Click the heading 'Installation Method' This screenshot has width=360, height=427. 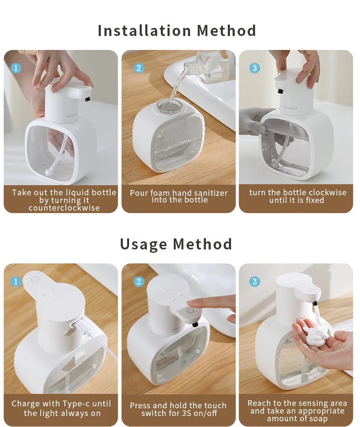click(x=177, y=31)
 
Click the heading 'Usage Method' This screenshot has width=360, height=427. click(x=176, y=244)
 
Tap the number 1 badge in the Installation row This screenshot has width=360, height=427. click(x=16, y=68)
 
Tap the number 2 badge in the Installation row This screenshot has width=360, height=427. click(x=139, y=68)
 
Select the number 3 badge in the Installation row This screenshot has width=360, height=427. click(x=254, y=68)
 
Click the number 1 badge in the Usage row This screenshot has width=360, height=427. click(x=16, y=281)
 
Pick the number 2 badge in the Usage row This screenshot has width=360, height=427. click(x=139, y=281)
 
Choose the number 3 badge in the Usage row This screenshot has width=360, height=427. click(x=254, y=281)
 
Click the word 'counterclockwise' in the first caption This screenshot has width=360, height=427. click(x=64, y=208)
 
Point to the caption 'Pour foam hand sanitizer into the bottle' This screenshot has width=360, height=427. click(x=179, y=196)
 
